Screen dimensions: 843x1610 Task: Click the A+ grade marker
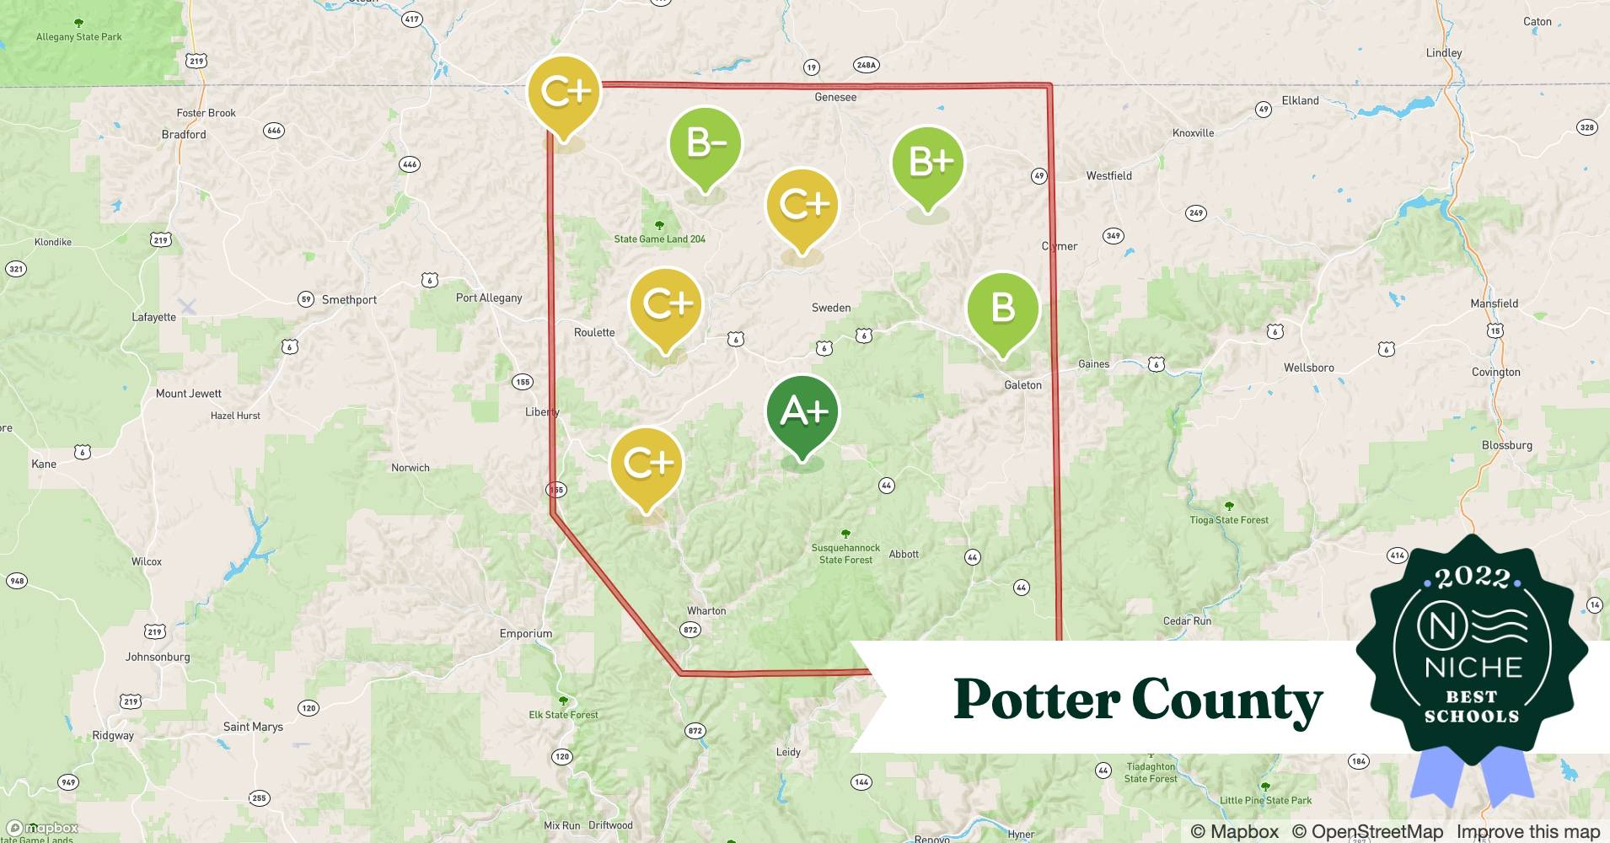pyautogui.click(x=802, y=413)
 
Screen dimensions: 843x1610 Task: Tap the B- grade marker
pyautogui.click(x=706, y=144)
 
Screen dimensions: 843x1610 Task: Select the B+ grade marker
pyautogui.click(x=928, y=163)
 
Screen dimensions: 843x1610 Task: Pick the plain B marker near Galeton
pyautogui.click(x=1002, y=309)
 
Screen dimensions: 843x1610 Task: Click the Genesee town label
pyautogui.click(x=835, y=98)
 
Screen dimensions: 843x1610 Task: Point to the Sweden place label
pyautogui.click(x=831, y=309)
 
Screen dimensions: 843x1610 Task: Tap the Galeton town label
pyautogui.click(x=1022, y=385)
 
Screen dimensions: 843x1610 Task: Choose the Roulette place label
pyautogui.click(x=594, y=333)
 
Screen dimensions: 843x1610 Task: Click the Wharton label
pyautogui.click(x=706, y=611)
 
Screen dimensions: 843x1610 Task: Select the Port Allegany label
pyautogui.click(x=489, y=298)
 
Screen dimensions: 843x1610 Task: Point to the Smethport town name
pyautogui.click(x=349, y=300)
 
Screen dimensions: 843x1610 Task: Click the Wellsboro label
pyautogui.click(x=1308, y=368)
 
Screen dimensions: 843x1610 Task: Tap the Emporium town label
pyautogui.click(x=526, y=634)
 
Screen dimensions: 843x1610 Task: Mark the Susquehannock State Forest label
pyautogui.click(x=845, y=554)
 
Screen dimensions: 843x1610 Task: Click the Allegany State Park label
pyautogui.click(x=79, y=37)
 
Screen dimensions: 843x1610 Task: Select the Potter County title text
pyautogui.click(x=1137, y=701)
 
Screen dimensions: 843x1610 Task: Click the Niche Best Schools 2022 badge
pyautogui.click(x=1472, y=649)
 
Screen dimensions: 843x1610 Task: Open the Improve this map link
pyautogui.click(x=1527, y=832)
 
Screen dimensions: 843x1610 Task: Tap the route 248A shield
pyautogui.click(x=866, y=65)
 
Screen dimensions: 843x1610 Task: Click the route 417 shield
pyautogui.click(x=411, y=19)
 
